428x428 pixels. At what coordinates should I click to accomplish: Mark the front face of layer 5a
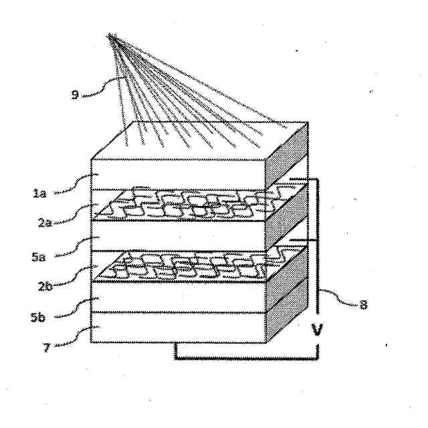[x=177, y=237]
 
